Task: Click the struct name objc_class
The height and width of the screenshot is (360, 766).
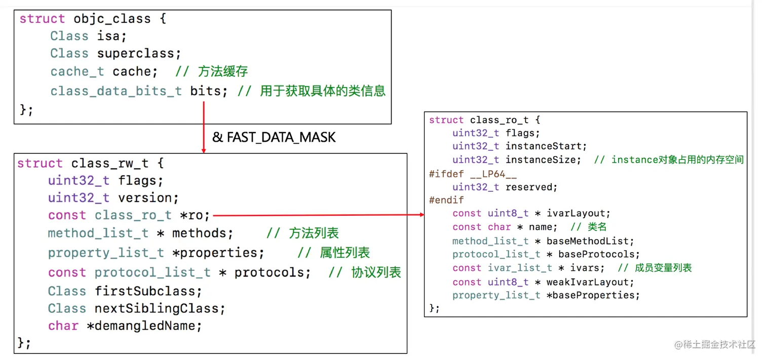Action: [x=112, y=19]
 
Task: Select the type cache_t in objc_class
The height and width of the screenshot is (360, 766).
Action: [x=77, y=71]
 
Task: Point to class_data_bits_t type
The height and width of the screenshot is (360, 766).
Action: [x=116, y=91]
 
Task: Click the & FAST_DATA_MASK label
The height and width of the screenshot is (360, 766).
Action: [x=274, y=137]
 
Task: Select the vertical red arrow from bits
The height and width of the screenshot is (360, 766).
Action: [x=204, y=127]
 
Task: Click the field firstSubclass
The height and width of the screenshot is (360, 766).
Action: [x=148, y=291]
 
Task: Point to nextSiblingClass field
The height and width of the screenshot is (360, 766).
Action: [x=160, y=308]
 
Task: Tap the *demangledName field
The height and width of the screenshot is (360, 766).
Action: [x=144, y=326]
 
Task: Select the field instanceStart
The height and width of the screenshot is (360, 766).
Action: [x=546, y=146]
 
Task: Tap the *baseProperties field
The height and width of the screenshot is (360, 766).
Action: [x=593, y=295]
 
